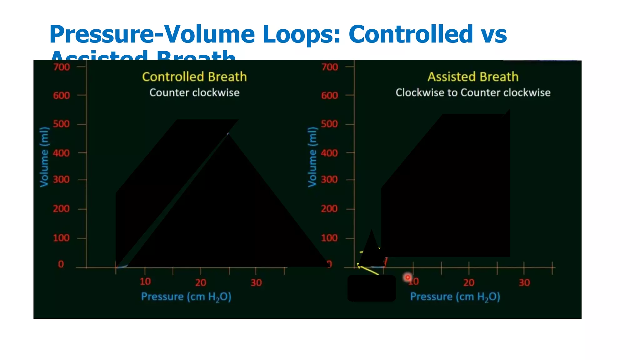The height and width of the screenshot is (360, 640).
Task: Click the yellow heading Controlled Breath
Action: coord(194,77)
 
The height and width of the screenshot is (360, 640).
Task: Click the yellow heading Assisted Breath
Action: coord(473,77)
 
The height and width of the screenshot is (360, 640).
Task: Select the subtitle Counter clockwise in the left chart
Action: coord(194,92)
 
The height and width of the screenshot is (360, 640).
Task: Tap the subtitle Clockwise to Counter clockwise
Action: coord(473,92)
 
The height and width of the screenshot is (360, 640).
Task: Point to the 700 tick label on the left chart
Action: coord(61,67)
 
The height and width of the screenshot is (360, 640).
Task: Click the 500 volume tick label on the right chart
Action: coord(329,124)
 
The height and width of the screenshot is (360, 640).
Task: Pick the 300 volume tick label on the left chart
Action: coord(61,180)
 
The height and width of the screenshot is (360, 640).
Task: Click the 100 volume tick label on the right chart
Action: coord(329,238)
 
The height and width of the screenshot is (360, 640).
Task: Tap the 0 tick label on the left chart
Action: coord(61,264)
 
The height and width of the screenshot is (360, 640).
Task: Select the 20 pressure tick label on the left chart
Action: coord(201,283)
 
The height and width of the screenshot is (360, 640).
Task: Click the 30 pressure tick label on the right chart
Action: coord(524,283)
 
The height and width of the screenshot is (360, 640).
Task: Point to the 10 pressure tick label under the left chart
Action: coord(145,282)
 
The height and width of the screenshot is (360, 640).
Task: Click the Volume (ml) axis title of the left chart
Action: coord(44,157)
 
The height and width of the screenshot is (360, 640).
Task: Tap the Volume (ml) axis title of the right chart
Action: coord(312,157)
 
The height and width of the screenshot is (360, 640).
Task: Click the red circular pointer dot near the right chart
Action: coord(407,277)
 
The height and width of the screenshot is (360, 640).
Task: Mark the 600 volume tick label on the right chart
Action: coord(329,95)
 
